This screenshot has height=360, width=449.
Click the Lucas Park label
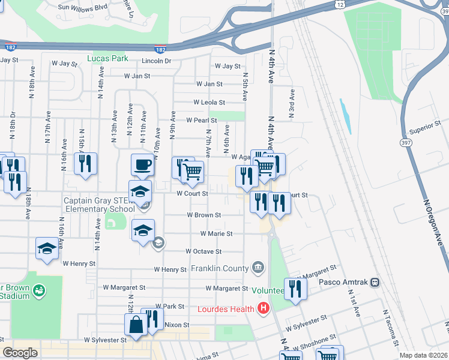point(107,59)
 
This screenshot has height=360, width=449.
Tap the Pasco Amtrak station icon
point(375,282)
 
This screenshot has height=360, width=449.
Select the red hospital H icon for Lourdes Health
point(262,309)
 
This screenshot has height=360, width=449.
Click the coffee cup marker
point(142,164)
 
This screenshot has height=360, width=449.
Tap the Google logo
point(20,353)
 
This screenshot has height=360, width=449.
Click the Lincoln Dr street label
point(157,61)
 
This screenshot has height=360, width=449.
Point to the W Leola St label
point(209,103)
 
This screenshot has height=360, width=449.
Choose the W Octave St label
point(203,251)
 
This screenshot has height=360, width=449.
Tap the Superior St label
point(425,127)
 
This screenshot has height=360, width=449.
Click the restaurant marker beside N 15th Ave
point(85,163)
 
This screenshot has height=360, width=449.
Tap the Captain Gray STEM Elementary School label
point(100,205)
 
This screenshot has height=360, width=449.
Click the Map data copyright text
point(423,355)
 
